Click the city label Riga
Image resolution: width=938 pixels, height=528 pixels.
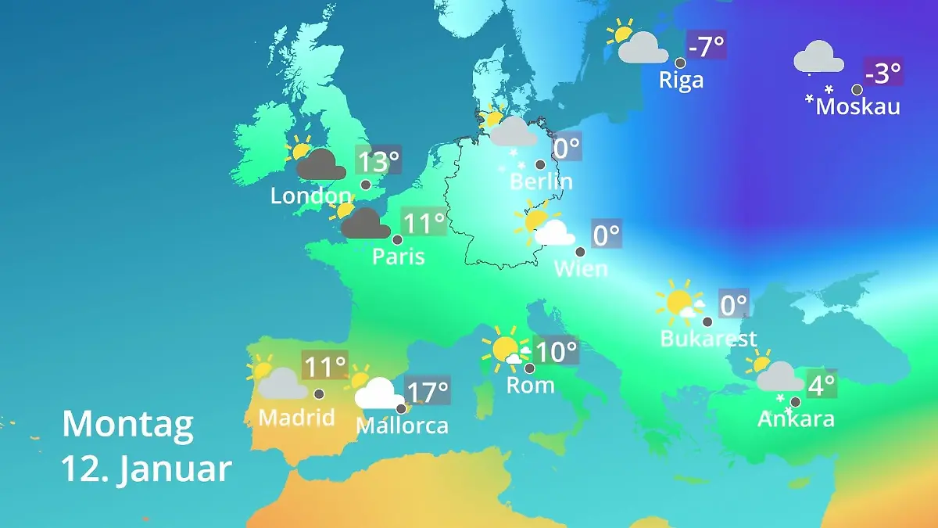(x=681, y=80)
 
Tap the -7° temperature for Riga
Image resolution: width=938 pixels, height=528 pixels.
(x=707, y=46)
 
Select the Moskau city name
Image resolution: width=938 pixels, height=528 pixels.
(x=857, y=106)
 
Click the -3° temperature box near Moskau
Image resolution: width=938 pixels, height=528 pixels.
(x=883, y=74)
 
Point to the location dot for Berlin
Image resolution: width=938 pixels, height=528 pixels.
(x=540, y=164)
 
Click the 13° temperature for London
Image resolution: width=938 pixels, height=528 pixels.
(x=378, y=162)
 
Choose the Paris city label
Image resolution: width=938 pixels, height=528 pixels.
(x=398, y=257)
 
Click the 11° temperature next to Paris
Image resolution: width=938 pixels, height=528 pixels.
(x=423, y=223)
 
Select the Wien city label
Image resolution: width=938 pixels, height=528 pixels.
(x=580, y=269)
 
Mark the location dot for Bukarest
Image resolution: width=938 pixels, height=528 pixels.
(x=707, y=321)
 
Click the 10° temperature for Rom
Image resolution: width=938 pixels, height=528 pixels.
(x=556, y=351)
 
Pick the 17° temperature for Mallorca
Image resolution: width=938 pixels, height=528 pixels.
(x=428, y=390)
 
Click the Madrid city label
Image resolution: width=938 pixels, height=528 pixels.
(x=296, y=417)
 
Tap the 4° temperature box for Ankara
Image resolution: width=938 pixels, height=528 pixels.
(x=822, y=384)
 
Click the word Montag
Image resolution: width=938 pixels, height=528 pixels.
(x=127, y=425)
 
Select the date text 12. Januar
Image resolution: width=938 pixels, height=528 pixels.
(x=146, y=469)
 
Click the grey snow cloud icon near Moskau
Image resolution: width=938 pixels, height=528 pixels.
(x=818, y=59)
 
